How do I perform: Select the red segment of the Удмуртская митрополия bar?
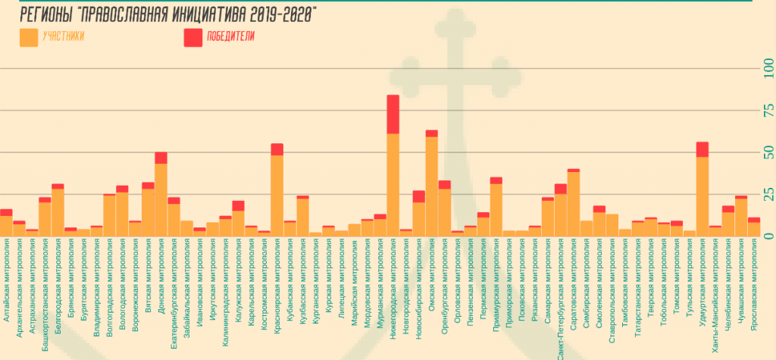tap(702, 149)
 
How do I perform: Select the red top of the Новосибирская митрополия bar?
tap(418, 196)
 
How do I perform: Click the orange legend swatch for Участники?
tap(29, 36)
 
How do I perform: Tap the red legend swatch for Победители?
tap(193, 36)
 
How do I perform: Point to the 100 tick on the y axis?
tap(768, 69)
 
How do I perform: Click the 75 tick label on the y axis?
tap(768, 111)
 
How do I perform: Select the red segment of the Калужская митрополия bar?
tap(239, 205)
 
